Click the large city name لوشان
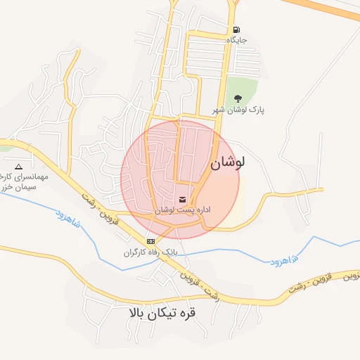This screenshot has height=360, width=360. (x=227, y=162)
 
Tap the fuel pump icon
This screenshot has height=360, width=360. (x=236, y=30)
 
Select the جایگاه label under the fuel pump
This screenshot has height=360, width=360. (x=236, y=41)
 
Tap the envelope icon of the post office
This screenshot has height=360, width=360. (x=183, y=199)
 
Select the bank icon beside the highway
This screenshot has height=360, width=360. (x=150, y=241)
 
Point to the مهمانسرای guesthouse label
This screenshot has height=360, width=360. (x=25, y=177)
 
